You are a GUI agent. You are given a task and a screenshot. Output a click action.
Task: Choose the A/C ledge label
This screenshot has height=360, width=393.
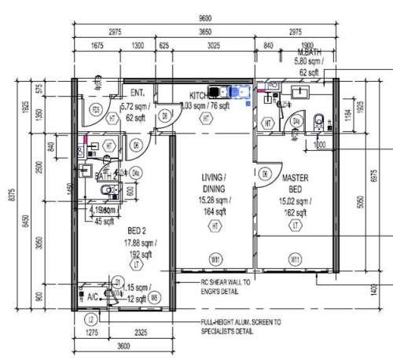(91, 298)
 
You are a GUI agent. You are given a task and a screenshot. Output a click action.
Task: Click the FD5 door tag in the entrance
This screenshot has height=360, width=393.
(95, 109)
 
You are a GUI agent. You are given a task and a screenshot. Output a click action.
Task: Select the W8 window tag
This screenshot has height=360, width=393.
(153, 297)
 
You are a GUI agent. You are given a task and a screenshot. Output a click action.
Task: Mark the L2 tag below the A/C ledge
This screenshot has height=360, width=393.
(91, 318)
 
